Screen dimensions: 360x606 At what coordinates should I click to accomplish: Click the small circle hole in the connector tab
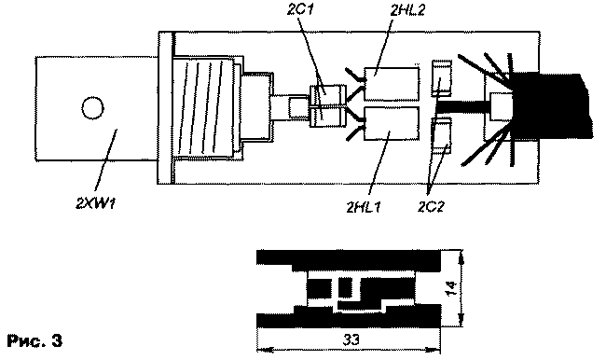90,107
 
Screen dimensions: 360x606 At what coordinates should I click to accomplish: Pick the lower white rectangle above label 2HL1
391,125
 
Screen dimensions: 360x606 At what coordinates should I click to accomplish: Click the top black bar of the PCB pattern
350,256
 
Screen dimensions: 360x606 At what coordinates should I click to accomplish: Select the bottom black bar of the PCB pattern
350,318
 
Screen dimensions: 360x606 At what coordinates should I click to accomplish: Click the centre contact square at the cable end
503,106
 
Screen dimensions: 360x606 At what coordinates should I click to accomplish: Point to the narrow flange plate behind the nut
168,107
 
